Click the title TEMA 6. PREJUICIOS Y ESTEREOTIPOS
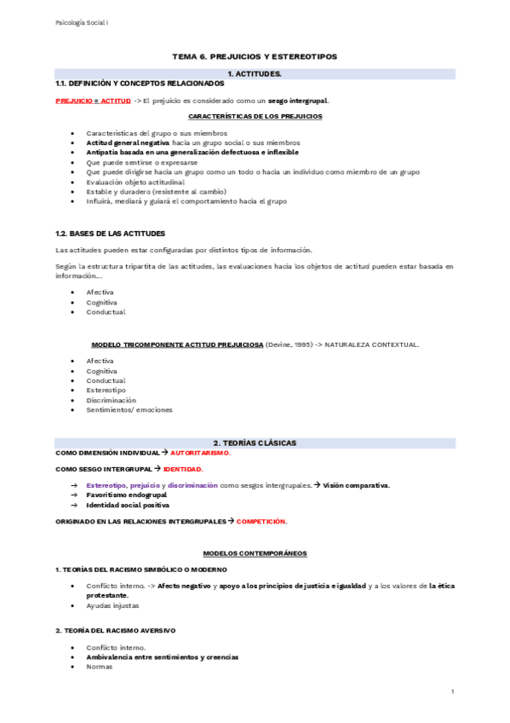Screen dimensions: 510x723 pos(255,56)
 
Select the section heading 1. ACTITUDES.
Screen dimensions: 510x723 pos(255,75)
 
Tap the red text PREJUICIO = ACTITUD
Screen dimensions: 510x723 pos(93,101)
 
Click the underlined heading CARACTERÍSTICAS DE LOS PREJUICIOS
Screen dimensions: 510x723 pos(255,115)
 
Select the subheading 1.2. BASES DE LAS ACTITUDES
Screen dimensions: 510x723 pos(110,233)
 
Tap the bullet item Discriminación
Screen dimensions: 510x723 pos(111,400)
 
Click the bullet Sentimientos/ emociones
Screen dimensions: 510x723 pos(129,409)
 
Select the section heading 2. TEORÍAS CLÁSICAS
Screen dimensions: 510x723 pos(255,443)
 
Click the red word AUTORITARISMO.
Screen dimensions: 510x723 pos(200,453)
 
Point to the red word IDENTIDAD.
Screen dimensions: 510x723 pos(183,469)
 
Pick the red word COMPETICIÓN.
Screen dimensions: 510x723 pos(261,521)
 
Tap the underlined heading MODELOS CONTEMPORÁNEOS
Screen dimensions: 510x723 pos(255,553)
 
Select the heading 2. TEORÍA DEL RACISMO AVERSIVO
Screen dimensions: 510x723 pos(115,630)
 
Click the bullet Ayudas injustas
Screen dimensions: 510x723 pos(112,605)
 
